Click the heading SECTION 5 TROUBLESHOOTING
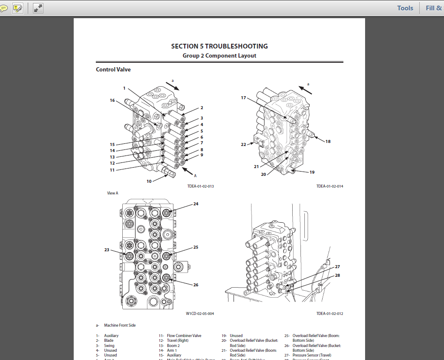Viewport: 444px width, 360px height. (219, 46)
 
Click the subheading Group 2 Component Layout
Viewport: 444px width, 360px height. (219, 56)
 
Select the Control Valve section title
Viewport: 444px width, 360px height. (113, 69)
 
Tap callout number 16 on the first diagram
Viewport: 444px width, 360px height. (112, 101)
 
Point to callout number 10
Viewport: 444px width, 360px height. (149, 181)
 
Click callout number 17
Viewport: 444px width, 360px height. (243, 98)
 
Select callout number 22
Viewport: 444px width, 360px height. (243, 144)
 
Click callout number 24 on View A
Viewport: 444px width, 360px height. (196, 203)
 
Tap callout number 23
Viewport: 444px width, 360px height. (107, 250)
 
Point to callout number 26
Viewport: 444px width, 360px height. (196, 285)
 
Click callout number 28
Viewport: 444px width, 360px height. (337, 276)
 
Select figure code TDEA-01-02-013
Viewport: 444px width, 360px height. (201, 186)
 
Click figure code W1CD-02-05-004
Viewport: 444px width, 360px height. (200, 313)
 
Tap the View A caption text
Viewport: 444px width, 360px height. (113, 193)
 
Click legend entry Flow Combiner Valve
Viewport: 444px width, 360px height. (184, 336)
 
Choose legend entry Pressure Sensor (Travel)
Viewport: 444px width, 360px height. (312, 355)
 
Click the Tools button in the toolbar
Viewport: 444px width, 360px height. (405, 8)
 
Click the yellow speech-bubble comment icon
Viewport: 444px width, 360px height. (3, 8)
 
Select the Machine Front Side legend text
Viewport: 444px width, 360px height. (120, 325)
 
